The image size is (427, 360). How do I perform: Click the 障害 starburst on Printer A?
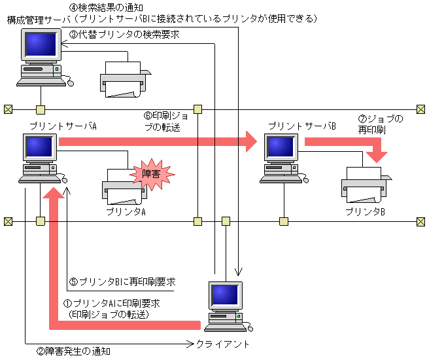(x=151, y=173)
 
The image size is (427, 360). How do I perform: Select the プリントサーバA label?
(x=63, y=125)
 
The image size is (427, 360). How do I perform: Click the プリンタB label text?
(x=365, y=211)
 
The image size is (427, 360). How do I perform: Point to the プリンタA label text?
(x=126, y=211)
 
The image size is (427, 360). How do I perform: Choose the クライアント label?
(x=223, y=344)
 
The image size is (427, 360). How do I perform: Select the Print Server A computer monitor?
(x=39, y=148)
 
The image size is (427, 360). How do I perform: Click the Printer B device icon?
(x=365, y=185)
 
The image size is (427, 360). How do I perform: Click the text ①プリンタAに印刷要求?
(x=111, y=304)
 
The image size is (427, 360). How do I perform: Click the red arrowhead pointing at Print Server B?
(x=249, y=140)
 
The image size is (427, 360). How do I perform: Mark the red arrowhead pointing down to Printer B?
(x=377, y=156)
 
